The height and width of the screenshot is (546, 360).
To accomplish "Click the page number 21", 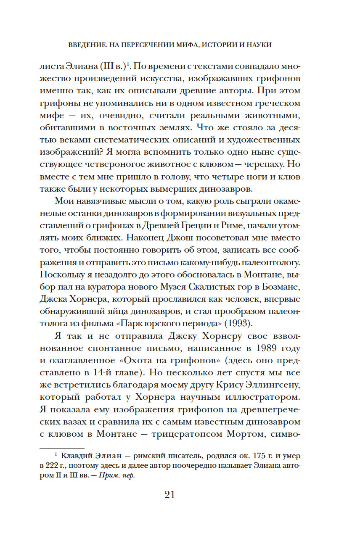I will (x=169, y=494).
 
